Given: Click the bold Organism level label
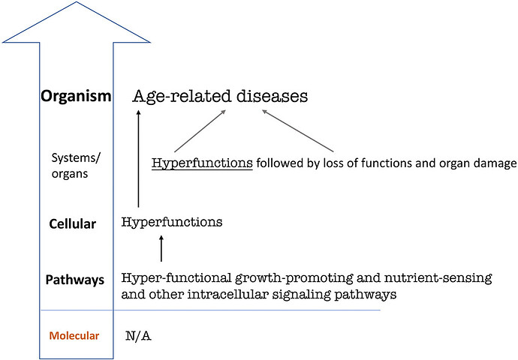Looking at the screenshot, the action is [76, 96].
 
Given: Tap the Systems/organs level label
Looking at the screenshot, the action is [75, 166].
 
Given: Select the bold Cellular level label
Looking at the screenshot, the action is [72, 224].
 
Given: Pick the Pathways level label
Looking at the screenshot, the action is [74, 280].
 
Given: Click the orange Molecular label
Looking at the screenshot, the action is [74, 336].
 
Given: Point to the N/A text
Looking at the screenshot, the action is [138, 336].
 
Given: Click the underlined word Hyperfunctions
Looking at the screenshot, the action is [202, 163].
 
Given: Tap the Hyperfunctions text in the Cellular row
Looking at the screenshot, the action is [172, 222].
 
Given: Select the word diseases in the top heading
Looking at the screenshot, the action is [273, 96].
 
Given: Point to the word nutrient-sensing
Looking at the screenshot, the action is [438, 278].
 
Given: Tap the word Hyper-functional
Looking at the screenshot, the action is [176, 278].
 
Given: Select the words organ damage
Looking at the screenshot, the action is [477, 163].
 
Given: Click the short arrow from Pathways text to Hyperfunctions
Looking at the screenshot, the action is [161, 248].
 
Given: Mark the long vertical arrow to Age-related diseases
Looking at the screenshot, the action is [138, 159].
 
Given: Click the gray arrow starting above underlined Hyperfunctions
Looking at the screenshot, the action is [200, 131].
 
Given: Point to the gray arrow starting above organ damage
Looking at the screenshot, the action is [298, 131].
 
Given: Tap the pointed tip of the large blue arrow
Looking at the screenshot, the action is [77, 2].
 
